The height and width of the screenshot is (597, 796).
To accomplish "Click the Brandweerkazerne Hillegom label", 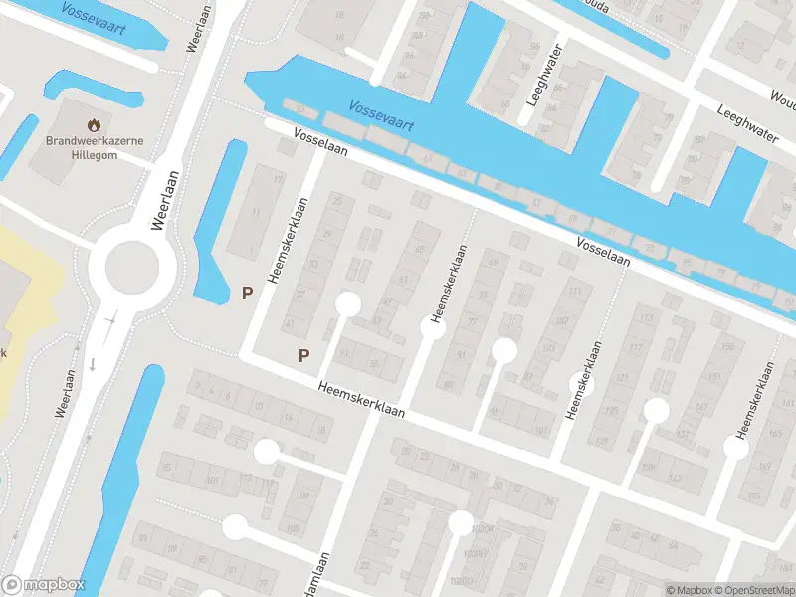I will pos(94,147).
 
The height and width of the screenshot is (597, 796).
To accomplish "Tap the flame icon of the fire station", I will pos(94,126).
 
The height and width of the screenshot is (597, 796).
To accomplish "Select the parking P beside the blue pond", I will pos(247,294).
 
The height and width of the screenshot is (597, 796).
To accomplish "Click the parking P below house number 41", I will pos(304,355).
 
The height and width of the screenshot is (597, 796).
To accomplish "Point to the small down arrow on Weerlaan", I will pos(93,363).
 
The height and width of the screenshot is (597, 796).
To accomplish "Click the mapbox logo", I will pos(44,585).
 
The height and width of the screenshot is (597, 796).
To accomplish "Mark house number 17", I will pos(278,178).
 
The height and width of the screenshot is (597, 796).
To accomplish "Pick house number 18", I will pos(320,429).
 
